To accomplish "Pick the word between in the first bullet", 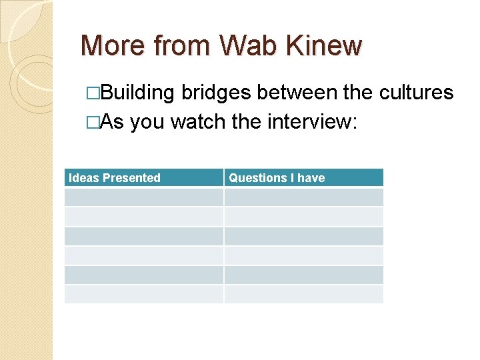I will pyautogui.click(x=298, y=93).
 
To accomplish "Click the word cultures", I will pyautogui.click(x=416, y=93).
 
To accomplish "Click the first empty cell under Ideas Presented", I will pyautogui.click(x=143, y=197).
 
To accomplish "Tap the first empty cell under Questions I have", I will pyautogui.click(x=303, y=197).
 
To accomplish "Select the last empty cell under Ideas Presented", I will pyautogui.click(x=143, y=294).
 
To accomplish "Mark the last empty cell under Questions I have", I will pyautogui.click(x=303, y=294).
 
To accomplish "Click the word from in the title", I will pyautogui.click(x=174, y=46).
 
